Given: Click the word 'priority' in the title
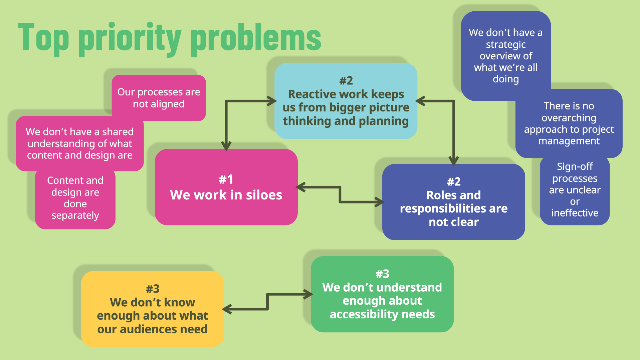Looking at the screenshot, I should tap(130, 38).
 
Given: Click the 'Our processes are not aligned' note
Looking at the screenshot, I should tap(159, 98).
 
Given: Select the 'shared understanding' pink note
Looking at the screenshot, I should tap(79, 143).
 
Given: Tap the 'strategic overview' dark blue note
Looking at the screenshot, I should tap(505, 55).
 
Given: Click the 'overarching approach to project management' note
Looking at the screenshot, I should tap(569, 123).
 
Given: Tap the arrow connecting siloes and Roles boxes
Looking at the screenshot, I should tap(340, 194).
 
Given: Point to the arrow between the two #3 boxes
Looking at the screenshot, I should tap(267, 302).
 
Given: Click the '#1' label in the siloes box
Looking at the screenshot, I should tap(226, 179).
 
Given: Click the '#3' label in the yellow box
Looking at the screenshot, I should tap(153, 289).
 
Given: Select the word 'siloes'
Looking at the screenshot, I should tap(264, 195).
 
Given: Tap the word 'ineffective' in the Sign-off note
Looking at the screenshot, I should tap(575, 213).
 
